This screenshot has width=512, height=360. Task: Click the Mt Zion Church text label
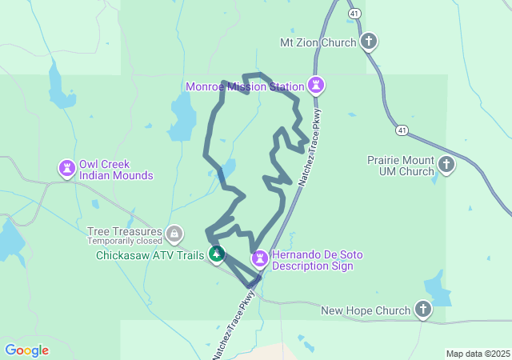317,42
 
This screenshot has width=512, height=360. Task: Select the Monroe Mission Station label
245,86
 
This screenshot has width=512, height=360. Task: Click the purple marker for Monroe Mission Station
317,85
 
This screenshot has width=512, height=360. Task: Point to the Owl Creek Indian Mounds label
116,169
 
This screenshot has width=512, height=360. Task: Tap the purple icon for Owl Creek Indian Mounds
66,168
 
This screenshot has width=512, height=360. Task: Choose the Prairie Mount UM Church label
400,166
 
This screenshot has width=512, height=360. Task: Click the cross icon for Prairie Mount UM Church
446,166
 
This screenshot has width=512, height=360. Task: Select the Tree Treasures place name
123,231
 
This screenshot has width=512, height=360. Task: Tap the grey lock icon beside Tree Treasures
174,234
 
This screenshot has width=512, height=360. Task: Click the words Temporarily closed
123,241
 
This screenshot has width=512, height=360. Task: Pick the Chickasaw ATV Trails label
150,256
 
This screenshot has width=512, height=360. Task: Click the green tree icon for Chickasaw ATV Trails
216,255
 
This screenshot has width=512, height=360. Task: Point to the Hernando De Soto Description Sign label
317,260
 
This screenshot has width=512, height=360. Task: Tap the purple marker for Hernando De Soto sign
260,258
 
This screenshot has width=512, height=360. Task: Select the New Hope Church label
365,310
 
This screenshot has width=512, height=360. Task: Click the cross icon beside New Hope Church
422,310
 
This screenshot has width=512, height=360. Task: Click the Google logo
26,350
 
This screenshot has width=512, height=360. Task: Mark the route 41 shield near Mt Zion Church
354,14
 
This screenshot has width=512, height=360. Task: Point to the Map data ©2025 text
478,354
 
